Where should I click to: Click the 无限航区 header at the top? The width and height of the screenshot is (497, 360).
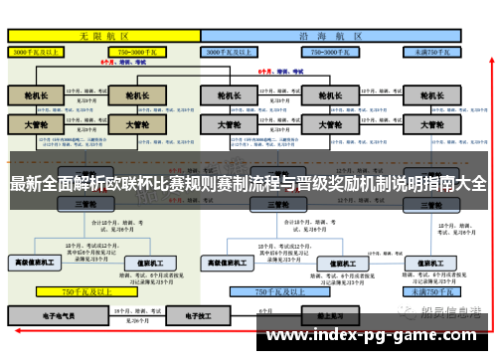104,34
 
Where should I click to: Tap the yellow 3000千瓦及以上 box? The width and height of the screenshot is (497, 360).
43,50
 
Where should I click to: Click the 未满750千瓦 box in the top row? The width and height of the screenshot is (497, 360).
427,50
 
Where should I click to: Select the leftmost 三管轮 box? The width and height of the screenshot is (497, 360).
84,204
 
